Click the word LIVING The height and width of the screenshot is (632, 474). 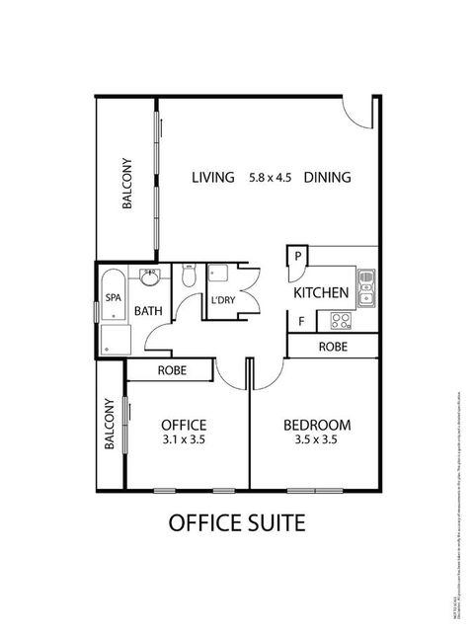pyautogui.click(x=212, y=178)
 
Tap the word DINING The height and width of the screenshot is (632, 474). pyautogui.click(x=327, y=178)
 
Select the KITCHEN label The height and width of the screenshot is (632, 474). pyautogui.click(x=321, y=292)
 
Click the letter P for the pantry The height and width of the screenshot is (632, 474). pyautogui.click(x=297, y=256)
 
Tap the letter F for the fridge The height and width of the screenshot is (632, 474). pyautogui.click(x=301, y=321)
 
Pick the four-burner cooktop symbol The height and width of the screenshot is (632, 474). pyautogui.click(x=342, y=321)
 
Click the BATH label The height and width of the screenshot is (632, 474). pyautogui.click(x=148, y=311)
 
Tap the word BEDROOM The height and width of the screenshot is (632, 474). pyautogui.click(x=316, y=426)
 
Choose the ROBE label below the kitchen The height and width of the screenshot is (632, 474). pyautogui.click(x=332, y=347)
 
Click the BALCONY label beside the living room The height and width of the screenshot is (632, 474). pyautogui.click(x=126, y=185)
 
